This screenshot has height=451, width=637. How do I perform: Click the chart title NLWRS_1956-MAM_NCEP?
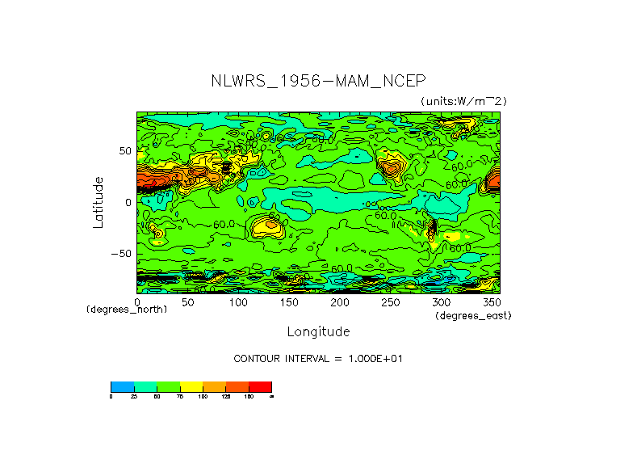[x=317, y=81]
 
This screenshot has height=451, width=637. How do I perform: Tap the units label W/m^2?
[x=463, y=100]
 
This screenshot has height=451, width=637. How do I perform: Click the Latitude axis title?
[x=98, y=202]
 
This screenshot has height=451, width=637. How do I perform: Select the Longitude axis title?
[x=318, y=331]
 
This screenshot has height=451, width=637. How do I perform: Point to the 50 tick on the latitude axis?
[x=124, y=151]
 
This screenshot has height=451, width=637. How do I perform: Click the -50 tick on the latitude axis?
[x=121, y=253]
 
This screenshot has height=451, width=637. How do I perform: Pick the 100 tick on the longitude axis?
[x=238, y=302]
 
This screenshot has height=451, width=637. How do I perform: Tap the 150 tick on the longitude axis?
[x=289, y=302]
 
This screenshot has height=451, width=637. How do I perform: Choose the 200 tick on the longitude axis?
[x=340, y=302]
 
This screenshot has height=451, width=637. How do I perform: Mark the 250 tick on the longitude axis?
[x=391, y=302]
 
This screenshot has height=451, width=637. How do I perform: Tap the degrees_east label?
[x=473, y=315]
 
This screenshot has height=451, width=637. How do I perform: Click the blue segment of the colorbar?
[x=121, y=386]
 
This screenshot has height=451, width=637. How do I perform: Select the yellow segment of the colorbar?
[x=191, y=386]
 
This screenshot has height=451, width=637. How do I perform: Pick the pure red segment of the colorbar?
[x=260, y=386]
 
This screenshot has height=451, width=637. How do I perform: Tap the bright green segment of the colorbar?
[x=167, y=386]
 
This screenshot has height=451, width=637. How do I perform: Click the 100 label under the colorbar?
[x=202, y=396]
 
